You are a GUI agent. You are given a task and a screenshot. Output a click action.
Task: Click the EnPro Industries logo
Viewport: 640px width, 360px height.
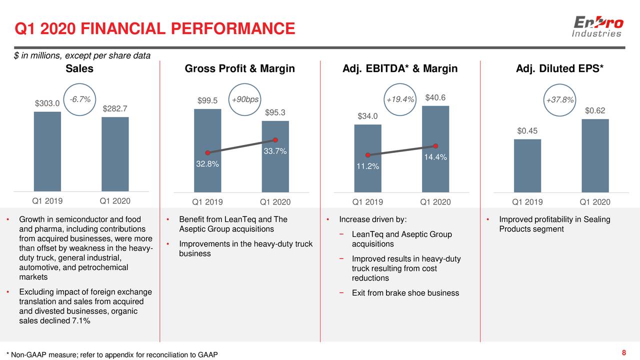pyautogui.click(x=597, y=27)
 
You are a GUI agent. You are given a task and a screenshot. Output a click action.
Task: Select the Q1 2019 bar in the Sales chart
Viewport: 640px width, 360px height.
pyautogui.click(x=47, y=151)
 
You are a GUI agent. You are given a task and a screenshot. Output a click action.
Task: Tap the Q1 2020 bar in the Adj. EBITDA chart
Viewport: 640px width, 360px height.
pyautogui.click(x=435, y=149)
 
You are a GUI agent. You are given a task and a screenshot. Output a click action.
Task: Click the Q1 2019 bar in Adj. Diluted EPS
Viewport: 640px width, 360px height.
pyautogui.click(x=527, y=165)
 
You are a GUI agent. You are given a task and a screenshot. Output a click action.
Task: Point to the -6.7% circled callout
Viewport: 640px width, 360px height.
pyautogui.click(x=80, y=99)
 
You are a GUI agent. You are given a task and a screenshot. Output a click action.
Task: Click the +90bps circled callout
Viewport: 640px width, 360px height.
pyautogui.click(x=245, y=99)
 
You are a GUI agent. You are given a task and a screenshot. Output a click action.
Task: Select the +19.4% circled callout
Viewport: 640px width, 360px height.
pyautogui.click(x=400, y=100)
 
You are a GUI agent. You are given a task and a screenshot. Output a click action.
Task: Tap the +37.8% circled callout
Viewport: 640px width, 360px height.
pyautogui.click(x=560, y=100)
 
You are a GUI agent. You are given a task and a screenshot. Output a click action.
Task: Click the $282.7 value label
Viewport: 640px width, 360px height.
pyautogui.click(x=115, y=108)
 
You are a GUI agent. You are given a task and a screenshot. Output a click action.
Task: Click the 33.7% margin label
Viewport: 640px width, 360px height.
pyautogui.click(x=275, y=151)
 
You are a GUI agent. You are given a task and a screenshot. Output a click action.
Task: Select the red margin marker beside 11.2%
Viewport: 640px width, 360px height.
pyautogui.click(x=367, y=155)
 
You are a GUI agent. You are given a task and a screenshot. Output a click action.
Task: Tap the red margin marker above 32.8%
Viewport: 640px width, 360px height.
pyautogui.click(x=207, y=153)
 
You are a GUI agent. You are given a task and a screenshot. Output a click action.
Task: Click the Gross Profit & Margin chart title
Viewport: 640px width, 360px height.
pyautogui.click(x=239, y=68)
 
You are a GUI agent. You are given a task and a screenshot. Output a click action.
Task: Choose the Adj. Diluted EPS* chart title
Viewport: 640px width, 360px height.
pyautogui.click(x=559, y=68)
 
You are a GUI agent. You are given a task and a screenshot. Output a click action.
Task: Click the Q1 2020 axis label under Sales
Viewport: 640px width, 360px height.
pyautogui.click(x=115, y=201)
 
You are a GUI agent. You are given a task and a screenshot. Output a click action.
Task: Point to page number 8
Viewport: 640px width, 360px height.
pyautogui.click(x=623, y=353)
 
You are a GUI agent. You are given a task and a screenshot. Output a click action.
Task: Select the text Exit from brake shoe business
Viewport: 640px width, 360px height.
pyautogui.click(x=405, y=293)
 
